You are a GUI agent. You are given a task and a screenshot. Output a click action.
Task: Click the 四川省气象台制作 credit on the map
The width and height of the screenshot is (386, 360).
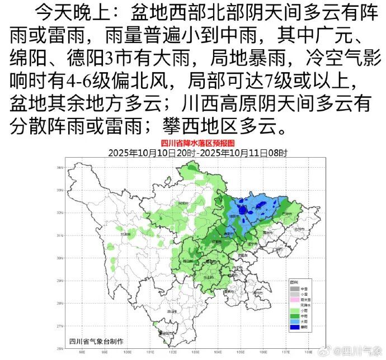[x=96, y=341]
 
